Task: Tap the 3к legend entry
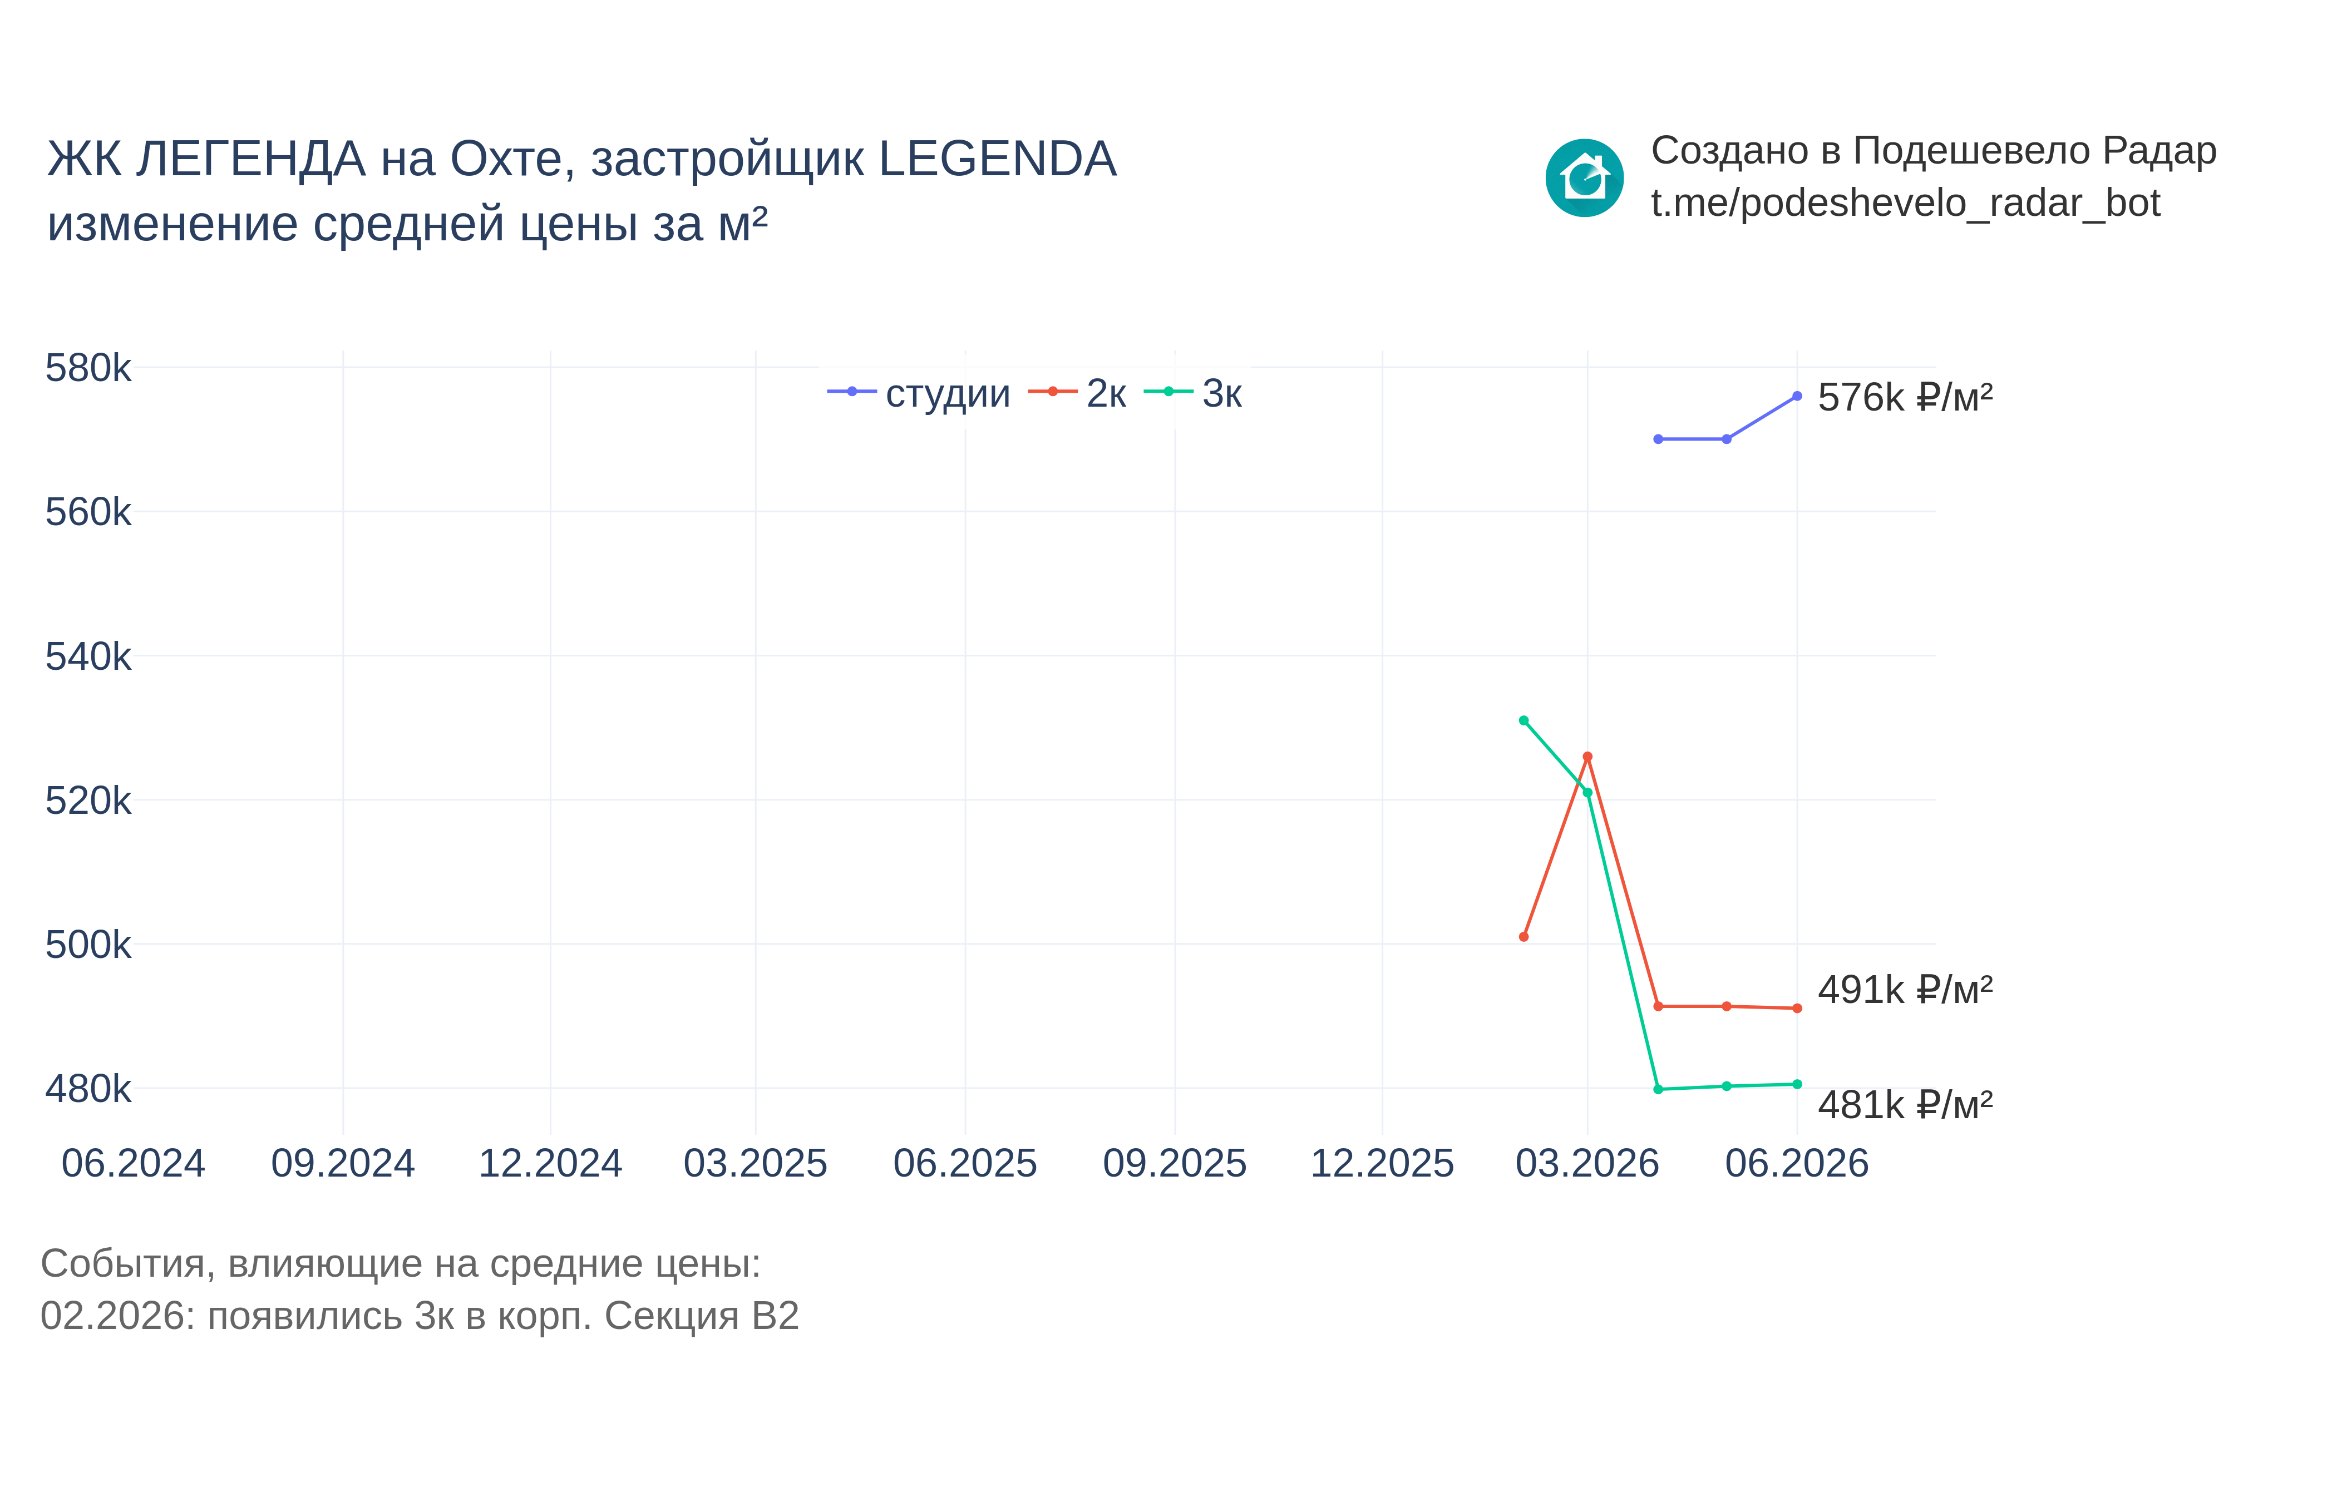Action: coord(1192,393)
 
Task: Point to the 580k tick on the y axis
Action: coord(88,369)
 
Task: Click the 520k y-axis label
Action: coord(88,801)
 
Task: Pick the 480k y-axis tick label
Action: coord(88,1089)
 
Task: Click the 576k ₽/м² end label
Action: coord(1905,397)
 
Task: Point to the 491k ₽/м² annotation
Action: coord(1905,990)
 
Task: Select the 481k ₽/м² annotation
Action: coord(1905,1105)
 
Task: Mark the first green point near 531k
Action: coord(1524,721)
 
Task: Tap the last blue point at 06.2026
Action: coord(1797,396)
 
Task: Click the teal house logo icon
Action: coord(1584,177)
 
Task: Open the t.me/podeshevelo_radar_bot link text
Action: coord(1905,203)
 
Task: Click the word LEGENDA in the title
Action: coord(997,159)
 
